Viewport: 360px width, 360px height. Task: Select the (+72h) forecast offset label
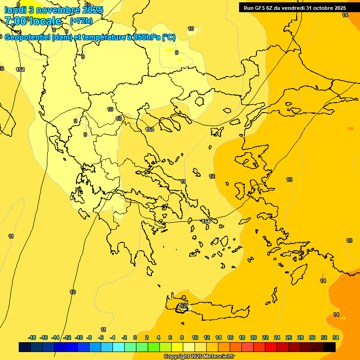[x=81, y=21]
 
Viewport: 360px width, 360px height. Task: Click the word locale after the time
[x=45, y=21]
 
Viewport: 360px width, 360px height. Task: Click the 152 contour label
[x=20, y=69]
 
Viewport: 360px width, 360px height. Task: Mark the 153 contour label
[x=150, y=129]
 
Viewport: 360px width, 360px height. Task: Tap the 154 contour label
[x=206, y=221]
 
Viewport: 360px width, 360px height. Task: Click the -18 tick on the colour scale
[x=32, y=337]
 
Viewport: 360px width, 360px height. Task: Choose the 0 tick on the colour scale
[x=135, y=337]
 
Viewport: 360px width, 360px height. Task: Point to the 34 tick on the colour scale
[x=336, y=337]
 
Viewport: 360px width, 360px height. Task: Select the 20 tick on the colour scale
[x=254, y=337]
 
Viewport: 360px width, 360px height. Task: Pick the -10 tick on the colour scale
[x=79, y=337]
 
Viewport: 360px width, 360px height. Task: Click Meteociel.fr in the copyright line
[x=216, y=357]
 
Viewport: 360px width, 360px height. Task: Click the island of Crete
[x=211, y=310]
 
